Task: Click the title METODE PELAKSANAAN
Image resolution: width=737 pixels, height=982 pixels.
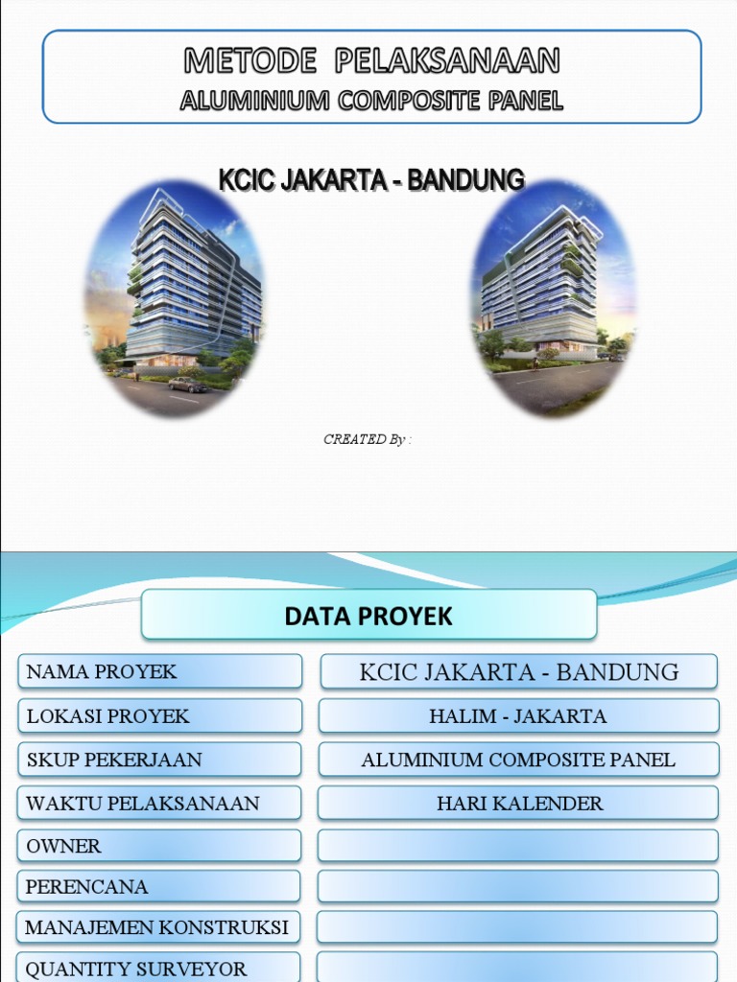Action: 371,62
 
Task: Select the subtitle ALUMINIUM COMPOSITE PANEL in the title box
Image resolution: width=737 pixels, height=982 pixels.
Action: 371,101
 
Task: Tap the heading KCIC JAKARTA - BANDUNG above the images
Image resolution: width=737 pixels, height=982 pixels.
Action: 371,179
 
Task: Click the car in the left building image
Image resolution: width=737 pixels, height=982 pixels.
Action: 187,385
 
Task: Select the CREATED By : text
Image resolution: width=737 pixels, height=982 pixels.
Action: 368,439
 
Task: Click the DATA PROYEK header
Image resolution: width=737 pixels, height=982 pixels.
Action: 368,616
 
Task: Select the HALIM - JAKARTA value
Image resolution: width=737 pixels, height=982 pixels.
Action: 518,715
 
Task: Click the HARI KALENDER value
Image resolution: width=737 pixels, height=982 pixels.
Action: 518,803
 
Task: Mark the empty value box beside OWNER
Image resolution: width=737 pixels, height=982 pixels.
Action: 518,846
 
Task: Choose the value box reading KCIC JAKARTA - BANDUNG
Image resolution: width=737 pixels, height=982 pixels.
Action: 518,671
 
